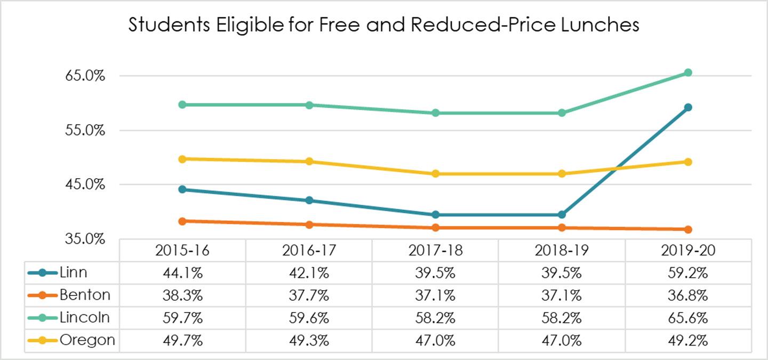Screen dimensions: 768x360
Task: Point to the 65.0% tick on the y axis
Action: (85, 76)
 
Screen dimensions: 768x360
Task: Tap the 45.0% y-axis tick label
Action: (85, 185)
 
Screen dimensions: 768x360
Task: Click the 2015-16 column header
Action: (182, 250)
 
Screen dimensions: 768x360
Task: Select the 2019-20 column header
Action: (688, 250)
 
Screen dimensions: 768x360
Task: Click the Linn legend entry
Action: (58, 273)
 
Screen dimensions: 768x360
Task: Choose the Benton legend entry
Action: (69, 295)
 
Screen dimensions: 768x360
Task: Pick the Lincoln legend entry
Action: (69, 317)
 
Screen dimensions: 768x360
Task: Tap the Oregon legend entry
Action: (71, 340)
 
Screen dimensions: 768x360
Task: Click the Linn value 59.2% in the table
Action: (688, 273)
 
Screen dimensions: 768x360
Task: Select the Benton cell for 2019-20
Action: (688, 295)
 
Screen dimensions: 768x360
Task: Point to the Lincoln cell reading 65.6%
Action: (688, 318)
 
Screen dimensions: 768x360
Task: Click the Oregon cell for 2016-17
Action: (309, 340)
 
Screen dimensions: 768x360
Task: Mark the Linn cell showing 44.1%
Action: (183, 273)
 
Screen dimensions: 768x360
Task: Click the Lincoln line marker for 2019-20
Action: (688, 73)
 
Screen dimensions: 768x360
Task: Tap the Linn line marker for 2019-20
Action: (688, 107)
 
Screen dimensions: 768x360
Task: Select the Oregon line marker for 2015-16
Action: (183, 159)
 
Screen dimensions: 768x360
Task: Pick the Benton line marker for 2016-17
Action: (309, 225)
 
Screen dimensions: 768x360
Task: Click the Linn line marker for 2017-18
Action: (435, 214)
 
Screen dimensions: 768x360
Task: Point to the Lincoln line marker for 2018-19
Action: (562, 113)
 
